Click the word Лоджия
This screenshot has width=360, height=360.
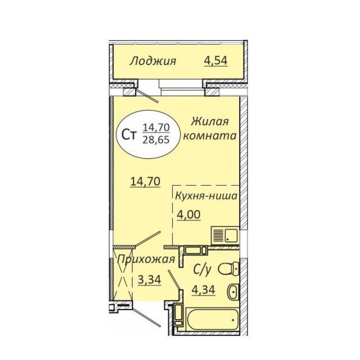tap(153, 62)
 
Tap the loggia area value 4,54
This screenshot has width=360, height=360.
tap(216, 60)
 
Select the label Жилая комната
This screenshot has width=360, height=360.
tap(210, 129)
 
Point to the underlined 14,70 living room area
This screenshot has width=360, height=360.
tap(145, 182)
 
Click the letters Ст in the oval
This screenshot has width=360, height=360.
tap(129, 135)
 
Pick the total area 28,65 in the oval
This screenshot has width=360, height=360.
tap(156, 139)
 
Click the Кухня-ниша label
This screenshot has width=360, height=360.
tap(206, 196)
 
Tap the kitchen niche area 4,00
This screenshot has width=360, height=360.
tap(189, 215)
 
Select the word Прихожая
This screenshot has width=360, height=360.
tap(146, 260)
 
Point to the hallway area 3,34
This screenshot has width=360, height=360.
tap(149, 280)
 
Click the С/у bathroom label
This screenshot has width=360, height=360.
tap(202, 270)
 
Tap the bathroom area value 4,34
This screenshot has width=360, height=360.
tap(203, 290)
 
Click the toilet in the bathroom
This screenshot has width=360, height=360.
tap(229, 269)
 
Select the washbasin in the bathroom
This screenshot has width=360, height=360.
tap(233, 292)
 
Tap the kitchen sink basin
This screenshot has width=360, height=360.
tap(231, 236)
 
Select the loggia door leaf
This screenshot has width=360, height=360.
tap(147, 96)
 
